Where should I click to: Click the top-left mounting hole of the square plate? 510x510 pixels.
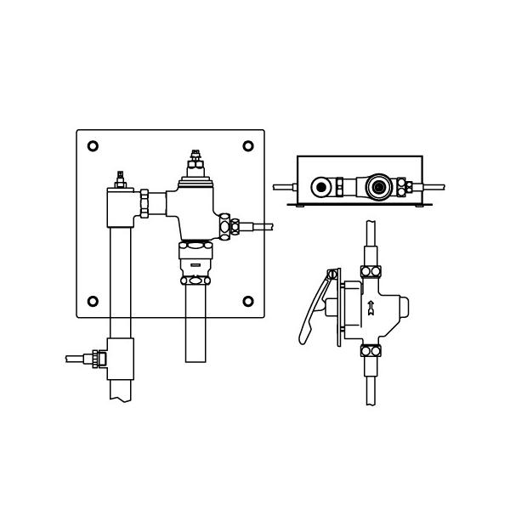point(93,146)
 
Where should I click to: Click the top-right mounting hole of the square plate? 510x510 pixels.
point(248,146)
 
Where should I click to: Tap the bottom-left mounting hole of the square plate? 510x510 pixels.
point(93,301)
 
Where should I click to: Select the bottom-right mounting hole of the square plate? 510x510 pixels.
point(248,301)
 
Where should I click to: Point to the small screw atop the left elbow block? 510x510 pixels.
point(121,177)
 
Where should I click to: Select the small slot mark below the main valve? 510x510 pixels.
point(195,263)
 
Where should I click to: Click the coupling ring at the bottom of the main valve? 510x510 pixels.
point(195,280)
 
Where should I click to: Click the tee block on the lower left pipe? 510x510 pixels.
point(120,360)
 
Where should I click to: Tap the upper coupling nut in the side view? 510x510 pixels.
point(370,271)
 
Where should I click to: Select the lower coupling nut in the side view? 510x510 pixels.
point(370,350)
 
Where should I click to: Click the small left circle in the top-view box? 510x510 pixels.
point(321,187)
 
